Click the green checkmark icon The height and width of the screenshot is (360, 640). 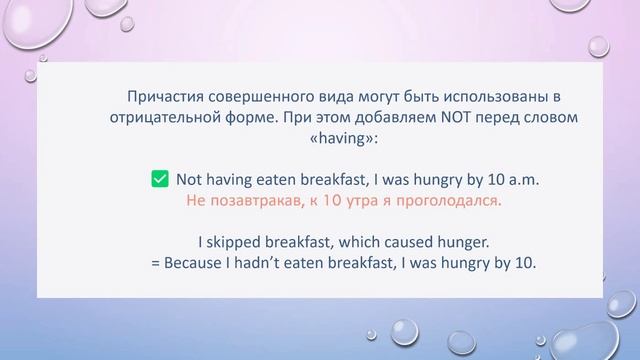tap(159, 179)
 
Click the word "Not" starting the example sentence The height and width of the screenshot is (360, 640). tap(190, 180)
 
